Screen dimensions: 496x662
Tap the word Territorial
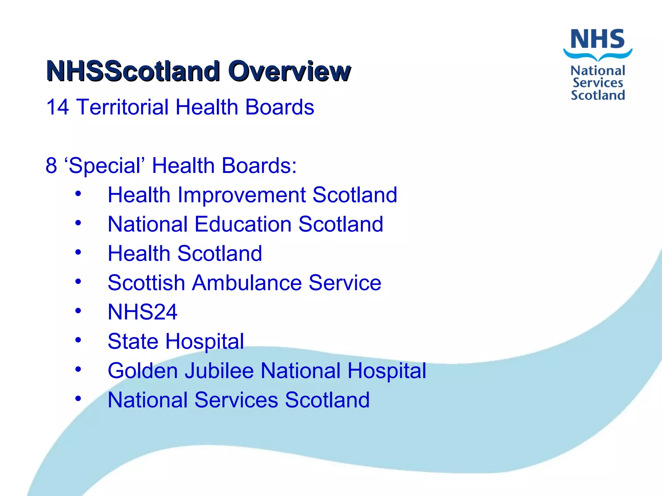[122, 107]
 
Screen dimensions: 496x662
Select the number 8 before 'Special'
[51, 165]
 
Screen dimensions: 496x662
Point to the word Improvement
[241, 195]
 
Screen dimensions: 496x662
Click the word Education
[243, 224]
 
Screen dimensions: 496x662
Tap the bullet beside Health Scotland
[78, 252]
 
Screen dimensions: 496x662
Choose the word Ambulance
[247, 283]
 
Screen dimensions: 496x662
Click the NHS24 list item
[142, 312]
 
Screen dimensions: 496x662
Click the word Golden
[142, 371]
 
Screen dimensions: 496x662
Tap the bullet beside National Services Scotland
[78, 398]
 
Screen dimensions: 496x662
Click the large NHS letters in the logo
[597, 39]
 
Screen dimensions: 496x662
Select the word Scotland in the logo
[598, 95]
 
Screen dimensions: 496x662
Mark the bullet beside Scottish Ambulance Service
[78, 282]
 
